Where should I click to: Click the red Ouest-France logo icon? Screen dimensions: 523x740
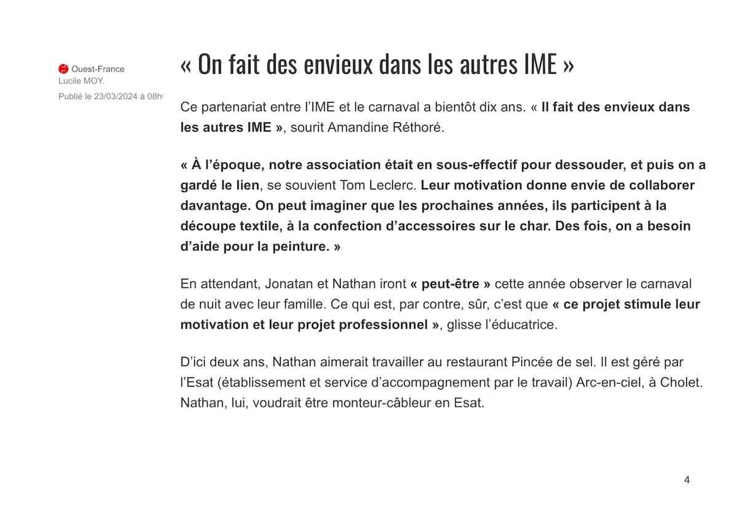pos(63,69)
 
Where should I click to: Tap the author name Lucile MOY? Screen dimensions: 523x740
pos(81,81)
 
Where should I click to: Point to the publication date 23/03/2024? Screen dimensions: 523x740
pos(116,97)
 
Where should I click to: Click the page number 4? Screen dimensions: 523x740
pos(686,480)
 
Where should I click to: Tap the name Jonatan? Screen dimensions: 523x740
pos(290,284)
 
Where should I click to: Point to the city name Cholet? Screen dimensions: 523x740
pos(680,382)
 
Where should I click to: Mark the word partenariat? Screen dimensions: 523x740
pos(236,107)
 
